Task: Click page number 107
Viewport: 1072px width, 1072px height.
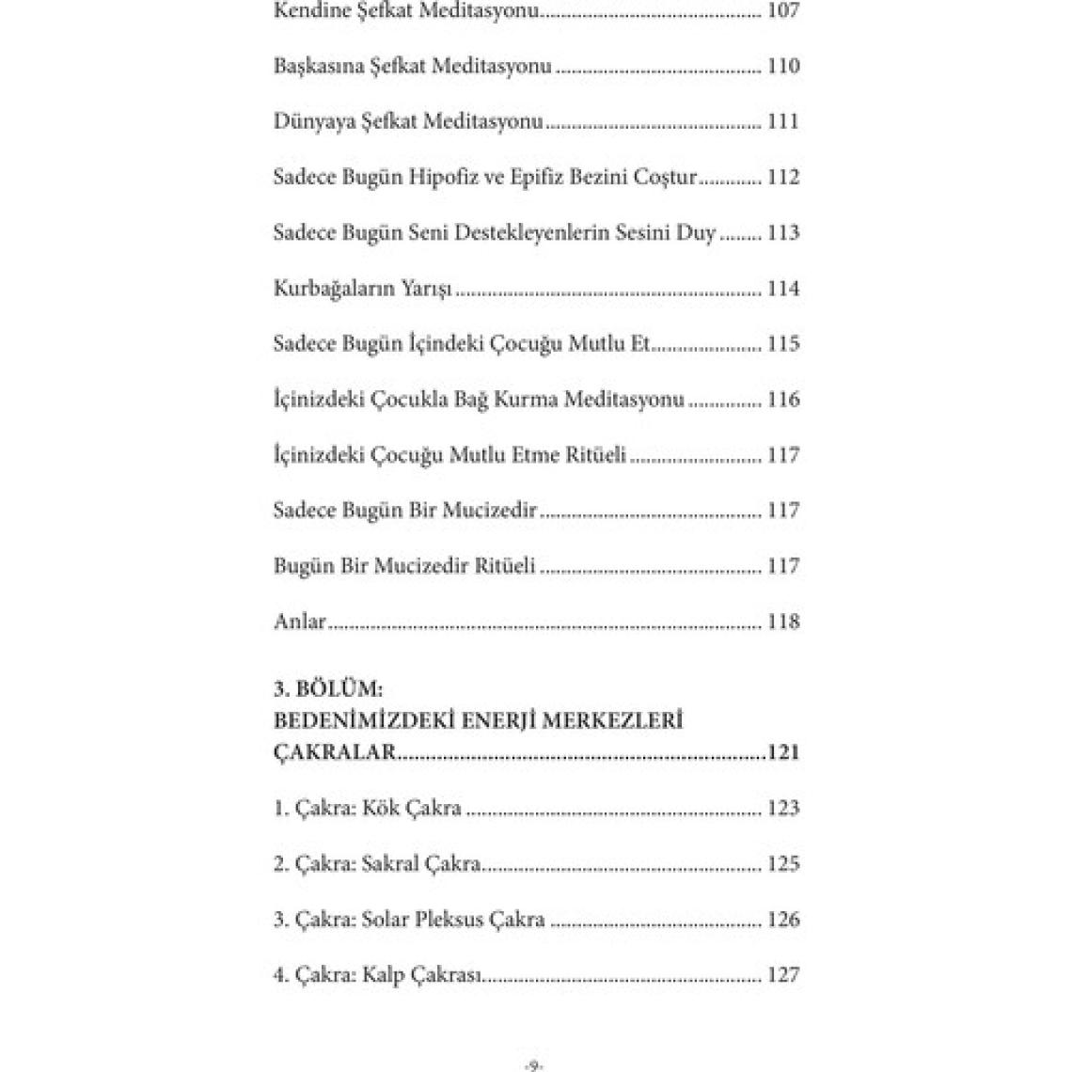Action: (x=783, y=11)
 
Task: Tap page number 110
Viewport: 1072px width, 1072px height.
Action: (x=783, y=67)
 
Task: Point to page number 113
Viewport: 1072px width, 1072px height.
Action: (x=783, y=233)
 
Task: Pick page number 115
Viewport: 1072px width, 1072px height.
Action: (x=783, y=344)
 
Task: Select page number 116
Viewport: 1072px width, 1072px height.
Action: (x=783, y=400)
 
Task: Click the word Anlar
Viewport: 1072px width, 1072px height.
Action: (x=299, y=622)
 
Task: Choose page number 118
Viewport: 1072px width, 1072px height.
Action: (x=783, y=622)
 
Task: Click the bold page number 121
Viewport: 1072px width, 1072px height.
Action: (x=783, y=753)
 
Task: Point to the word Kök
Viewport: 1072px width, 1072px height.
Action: (x=382, y=809)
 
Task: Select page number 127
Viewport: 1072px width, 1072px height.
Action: (x=783, y=975)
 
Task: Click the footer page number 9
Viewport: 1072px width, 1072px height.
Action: (x=533, y=1065)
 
